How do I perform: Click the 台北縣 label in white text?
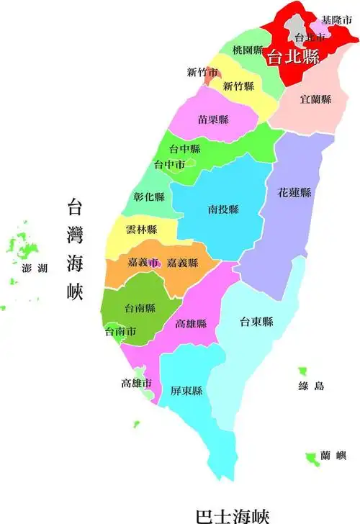coord(293,58)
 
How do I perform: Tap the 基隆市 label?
coord(336,19)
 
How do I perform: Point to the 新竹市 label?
coord(202,72)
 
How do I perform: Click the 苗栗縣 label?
coord(213,119)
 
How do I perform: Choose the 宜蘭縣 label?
coord(316,99)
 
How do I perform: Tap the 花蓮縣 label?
coord(295,193)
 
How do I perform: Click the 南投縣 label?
coord(223,209)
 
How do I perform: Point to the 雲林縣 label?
coord(141,230)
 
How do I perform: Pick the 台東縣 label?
coord(257,322)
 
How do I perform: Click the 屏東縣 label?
coord(186,392)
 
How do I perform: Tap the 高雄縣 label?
coord(191,325)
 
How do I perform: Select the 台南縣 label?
coord(140,309)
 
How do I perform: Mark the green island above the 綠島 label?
coord(303,371)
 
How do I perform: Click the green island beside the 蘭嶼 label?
coord(310,456)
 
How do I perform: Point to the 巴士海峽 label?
coord(232,515)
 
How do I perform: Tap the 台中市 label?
coord(170,165)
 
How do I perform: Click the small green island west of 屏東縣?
coord(135,424)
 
